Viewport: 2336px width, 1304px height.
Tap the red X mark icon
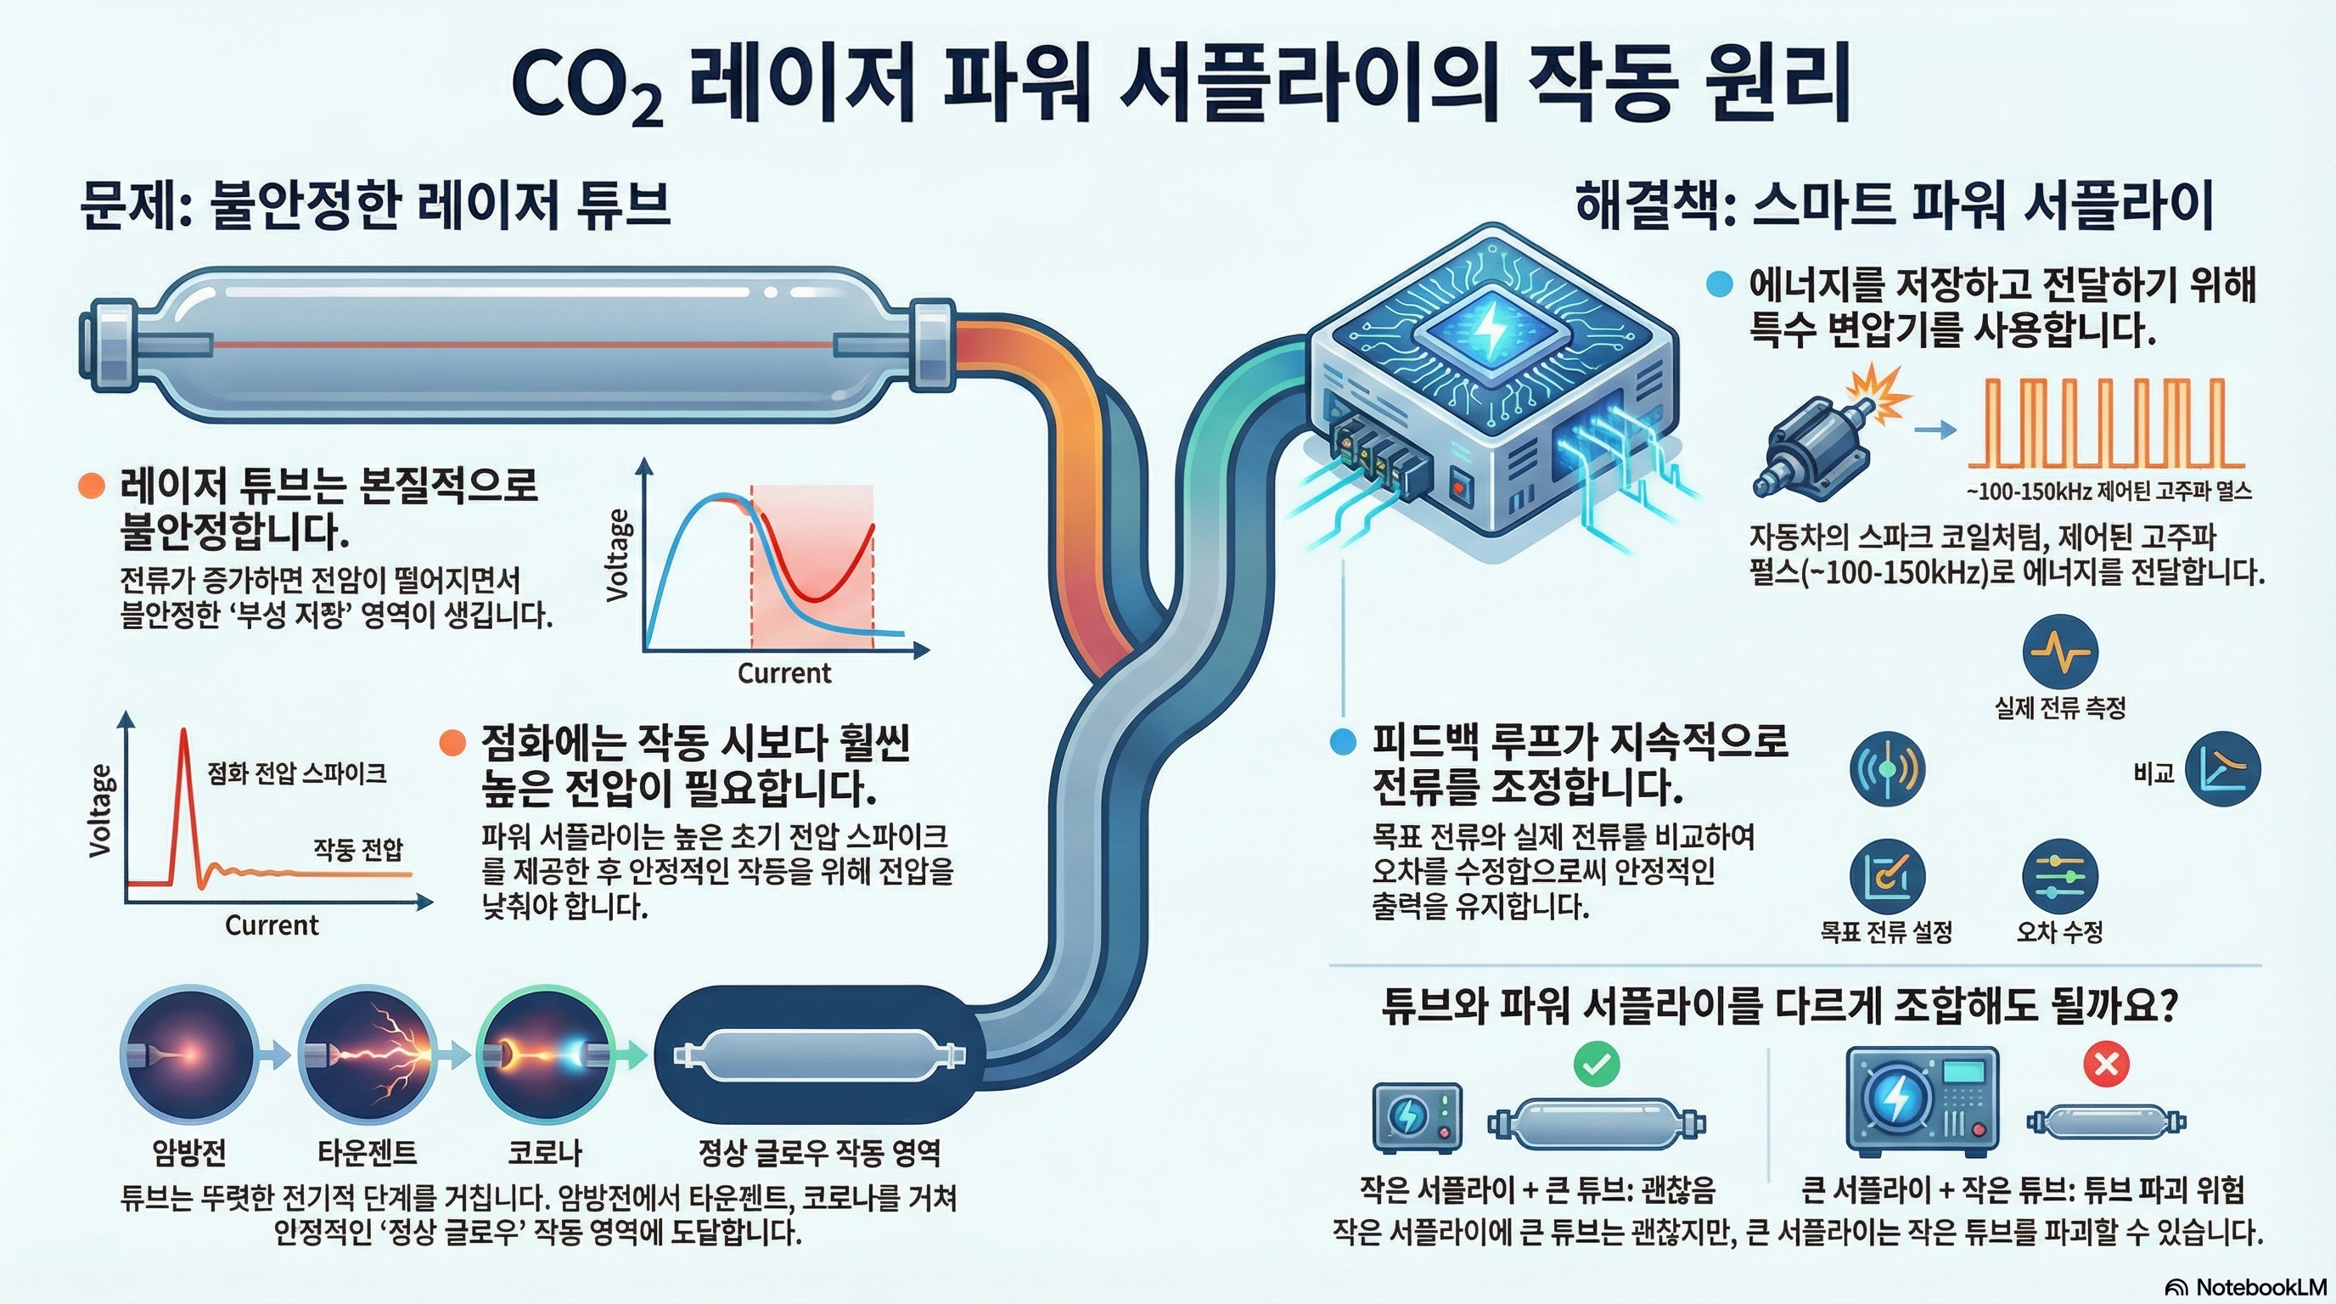2106,1063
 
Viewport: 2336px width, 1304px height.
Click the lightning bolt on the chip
1488,330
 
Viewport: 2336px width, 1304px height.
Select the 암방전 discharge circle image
188,1054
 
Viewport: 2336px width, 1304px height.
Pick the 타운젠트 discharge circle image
368,1054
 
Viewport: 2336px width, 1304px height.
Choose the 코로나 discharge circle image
544,1054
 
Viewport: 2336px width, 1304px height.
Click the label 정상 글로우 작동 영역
819,1153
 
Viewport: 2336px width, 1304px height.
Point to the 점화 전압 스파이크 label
296,773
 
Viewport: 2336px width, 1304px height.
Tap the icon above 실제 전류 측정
2059,651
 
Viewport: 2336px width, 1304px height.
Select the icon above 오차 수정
2059,876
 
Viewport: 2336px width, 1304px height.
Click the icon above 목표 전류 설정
1886,876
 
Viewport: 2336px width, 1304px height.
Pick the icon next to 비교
2222,771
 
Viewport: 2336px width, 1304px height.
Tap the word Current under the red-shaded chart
783,673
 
